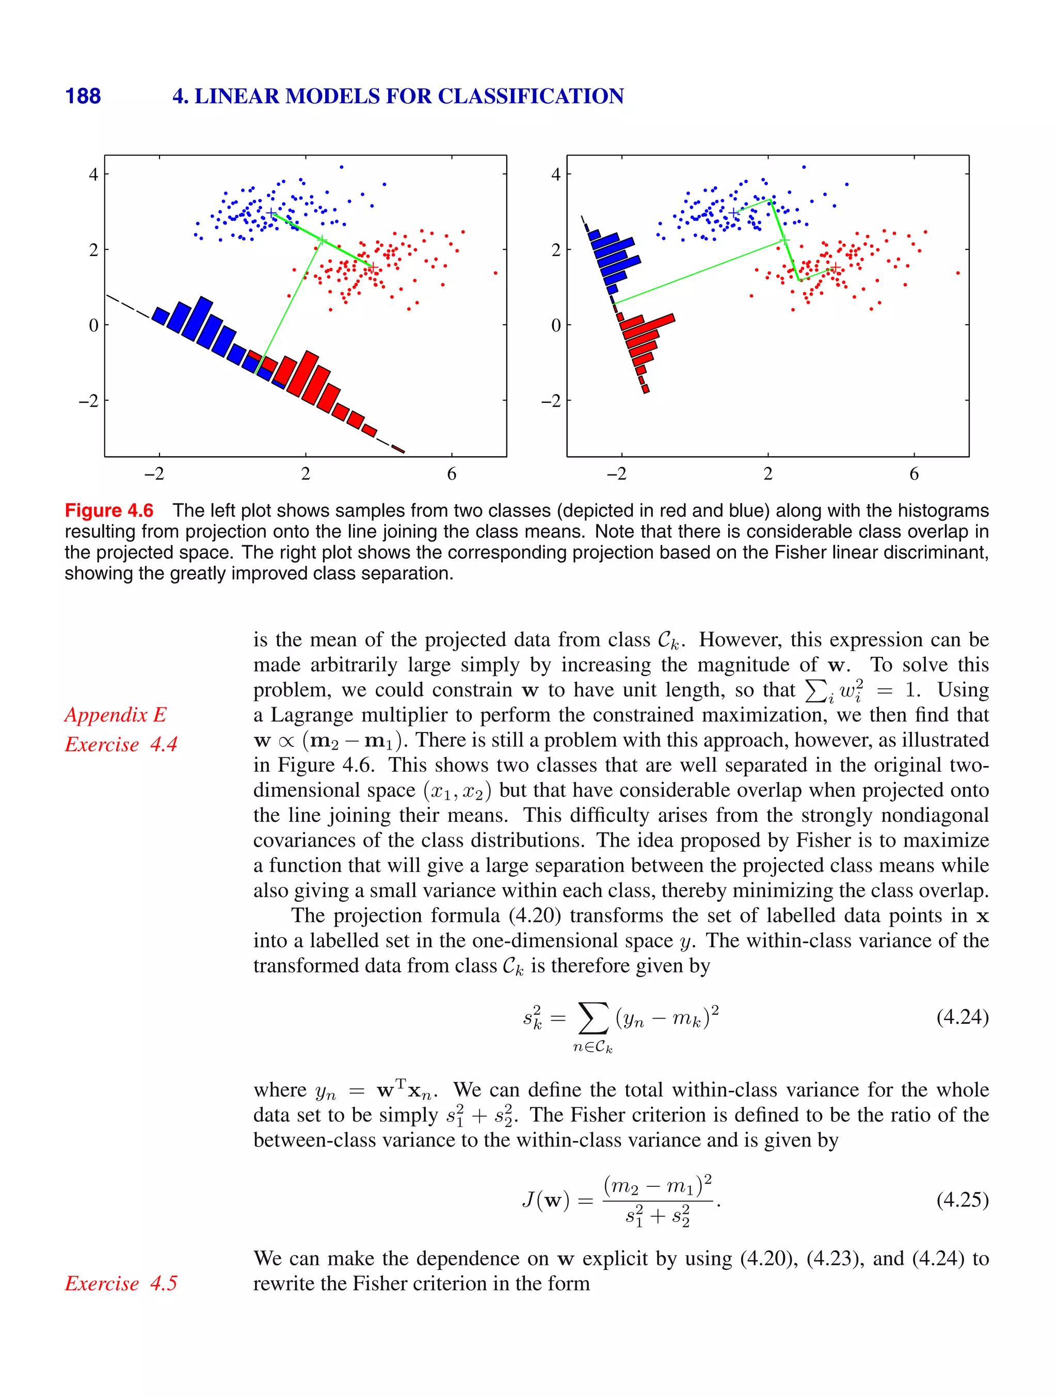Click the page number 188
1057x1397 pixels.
coord(83,96)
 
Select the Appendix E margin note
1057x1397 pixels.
coord(116,715)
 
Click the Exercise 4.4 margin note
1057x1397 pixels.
coord(121,744)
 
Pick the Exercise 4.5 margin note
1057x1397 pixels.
coord(121,1283)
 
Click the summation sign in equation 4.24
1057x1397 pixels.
coord(594,1018)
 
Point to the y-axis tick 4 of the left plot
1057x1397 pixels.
coord(93,174)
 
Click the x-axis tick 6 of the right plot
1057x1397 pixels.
coord(914,473)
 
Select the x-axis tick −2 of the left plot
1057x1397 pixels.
coord(154,473)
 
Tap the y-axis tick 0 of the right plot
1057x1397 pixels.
coord(556,325)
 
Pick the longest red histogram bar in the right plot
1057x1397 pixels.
coord(647,322)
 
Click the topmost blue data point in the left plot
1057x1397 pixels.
coord(342,167)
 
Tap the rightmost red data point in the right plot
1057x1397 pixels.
coord(958,273)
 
